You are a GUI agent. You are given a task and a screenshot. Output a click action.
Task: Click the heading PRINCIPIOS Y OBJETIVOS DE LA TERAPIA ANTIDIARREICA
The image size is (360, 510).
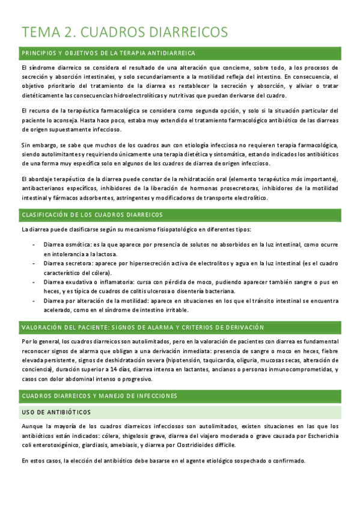click(x=108, y=53)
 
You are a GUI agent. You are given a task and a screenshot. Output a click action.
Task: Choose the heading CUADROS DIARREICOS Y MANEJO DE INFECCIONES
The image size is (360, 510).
click(x=99, y=396)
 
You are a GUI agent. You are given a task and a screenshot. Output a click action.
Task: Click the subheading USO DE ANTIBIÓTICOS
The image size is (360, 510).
click(x=56, y=412)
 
